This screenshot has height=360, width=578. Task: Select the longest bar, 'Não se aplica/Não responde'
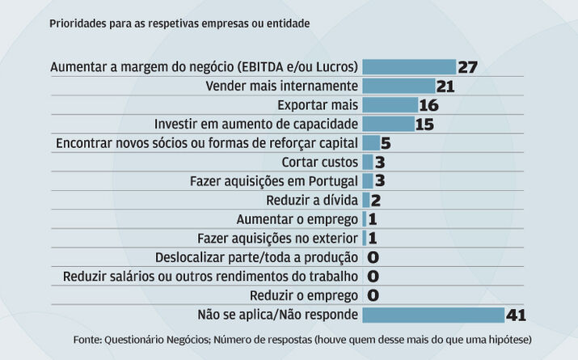[432, 315]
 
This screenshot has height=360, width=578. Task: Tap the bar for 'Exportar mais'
[390, 105]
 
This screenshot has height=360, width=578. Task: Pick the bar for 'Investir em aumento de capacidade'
[388, 124]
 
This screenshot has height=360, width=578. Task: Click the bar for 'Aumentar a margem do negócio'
[409, 66]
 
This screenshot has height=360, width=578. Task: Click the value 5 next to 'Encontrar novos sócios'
[386, 143]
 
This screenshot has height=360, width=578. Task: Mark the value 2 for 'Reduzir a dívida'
[376, 201]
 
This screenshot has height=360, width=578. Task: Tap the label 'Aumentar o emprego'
[297, 219]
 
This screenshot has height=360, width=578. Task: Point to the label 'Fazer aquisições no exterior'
[277, 239]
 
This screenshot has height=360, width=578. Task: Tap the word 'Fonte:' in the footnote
[87, 340]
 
